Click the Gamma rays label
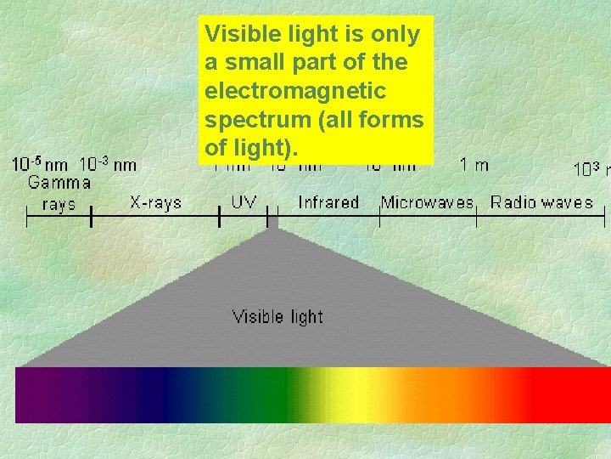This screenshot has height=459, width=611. point(59,193)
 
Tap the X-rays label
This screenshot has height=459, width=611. point(155,202)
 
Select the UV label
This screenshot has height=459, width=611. point(244,202)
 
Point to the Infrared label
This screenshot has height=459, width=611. point(328,202)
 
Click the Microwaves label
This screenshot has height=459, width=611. point(427,202)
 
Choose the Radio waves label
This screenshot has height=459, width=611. point(541,202)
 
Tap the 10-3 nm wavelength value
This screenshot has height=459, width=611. point(108,164)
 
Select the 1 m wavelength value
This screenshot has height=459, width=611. point(474,165)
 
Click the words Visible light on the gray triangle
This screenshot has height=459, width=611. point(277,317)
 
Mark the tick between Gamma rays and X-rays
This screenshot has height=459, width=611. point(91,218)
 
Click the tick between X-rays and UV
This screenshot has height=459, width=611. point(221,218)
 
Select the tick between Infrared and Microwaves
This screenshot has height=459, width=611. point(379,218)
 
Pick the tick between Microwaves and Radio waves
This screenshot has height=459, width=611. point(476,218)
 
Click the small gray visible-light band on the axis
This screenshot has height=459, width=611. point(272,219)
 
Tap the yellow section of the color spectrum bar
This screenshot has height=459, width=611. point(348,394)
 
